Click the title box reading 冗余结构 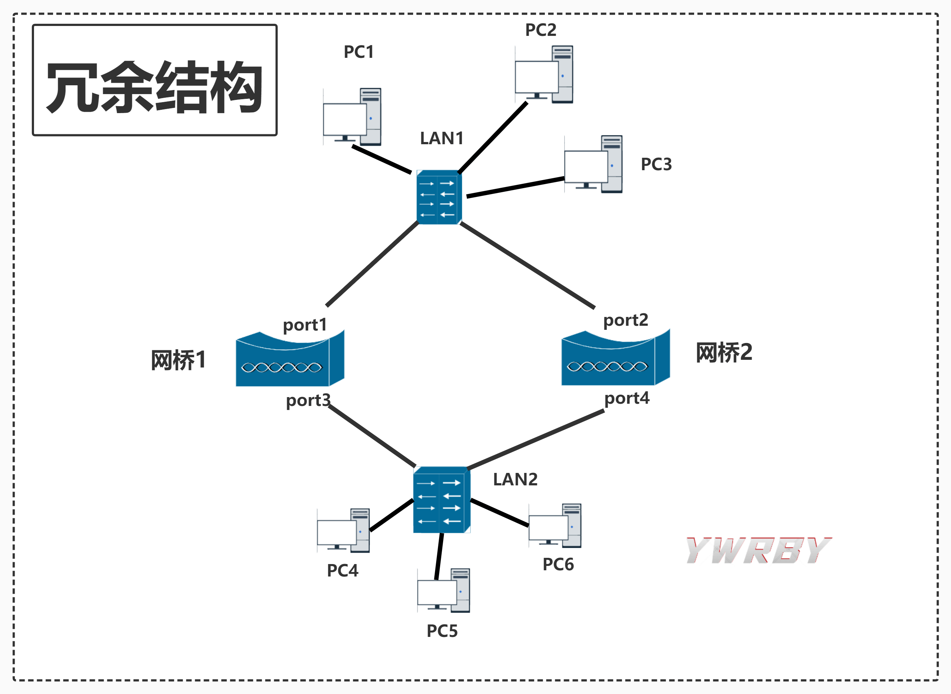coord(154,80)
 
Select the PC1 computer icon coord(352,117)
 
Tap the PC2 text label coord(540,30)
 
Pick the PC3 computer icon coord(593,164)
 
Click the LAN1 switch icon coord(439,197)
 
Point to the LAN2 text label coord(515,480)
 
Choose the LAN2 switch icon coord(441,500)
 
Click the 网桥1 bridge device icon coord(290,359)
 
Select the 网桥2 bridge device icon coord(615,358)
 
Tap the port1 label coord(305,325)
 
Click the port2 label coord(626,320)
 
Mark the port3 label coord(308,400)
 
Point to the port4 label coord(626,398)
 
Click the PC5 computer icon coord(443,591)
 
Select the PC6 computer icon coord(555,526)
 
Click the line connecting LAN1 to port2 coord(527,265)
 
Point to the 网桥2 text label coord(724,352)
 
